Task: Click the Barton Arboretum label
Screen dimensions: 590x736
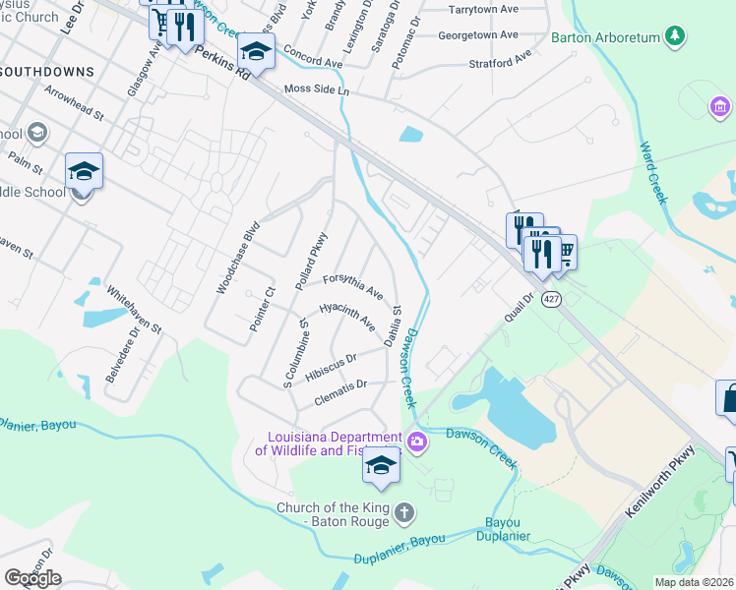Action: (x=604, y=37)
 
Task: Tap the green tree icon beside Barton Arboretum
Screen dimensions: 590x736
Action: (x=675, y=36)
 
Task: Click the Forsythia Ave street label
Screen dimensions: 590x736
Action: (x=352, y=285)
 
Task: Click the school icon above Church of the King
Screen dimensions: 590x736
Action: (x=381, y=466)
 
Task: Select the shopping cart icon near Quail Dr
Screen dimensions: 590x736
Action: (x=563, y=253)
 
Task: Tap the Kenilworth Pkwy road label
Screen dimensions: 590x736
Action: (x=660, y=483)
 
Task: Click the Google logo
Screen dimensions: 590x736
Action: (x=32, y=578)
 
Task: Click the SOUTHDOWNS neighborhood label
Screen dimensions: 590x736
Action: (x=47, y=72)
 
